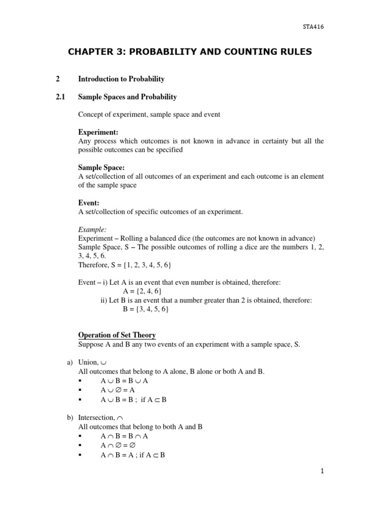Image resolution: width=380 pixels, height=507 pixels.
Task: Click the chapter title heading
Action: tap(190, 51)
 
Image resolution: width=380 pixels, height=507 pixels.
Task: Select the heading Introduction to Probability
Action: tap(121, 79)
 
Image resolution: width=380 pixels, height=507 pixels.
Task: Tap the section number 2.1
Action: tap(61, 97)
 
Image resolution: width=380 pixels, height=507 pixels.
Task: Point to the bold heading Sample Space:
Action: tap(101, 168)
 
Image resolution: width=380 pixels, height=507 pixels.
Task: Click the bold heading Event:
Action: tap(89, 203)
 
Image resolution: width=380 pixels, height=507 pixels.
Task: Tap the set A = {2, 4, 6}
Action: tap(142, 291)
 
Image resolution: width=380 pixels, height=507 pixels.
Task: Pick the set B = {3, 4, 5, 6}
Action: tap(146, 309)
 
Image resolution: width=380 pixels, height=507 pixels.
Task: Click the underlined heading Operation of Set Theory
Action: tap(117, 335)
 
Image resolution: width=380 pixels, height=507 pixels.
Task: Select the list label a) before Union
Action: tap(70, 362)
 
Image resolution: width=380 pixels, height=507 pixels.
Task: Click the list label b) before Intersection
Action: tap(70, 418)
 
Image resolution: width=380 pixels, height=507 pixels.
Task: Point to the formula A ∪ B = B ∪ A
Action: tap(124, 381)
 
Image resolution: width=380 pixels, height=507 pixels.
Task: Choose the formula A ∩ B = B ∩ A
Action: tap(124, 436)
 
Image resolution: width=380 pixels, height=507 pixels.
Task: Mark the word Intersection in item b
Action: tap(96, 418)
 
